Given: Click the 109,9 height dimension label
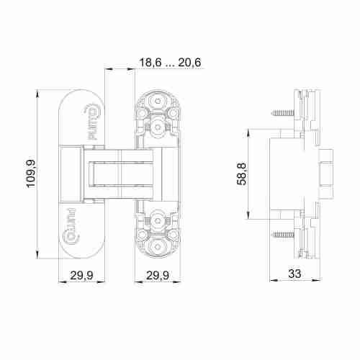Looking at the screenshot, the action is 31,174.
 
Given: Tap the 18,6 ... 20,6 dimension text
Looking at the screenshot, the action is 170,63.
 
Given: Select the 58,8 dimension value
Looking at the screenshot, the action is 242,174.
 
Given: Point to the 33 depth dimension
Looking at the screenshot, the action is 294,274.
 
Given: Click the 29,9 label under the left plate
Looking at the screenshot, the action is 81,275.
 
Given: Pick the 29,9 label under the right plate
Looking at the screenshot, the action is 158,275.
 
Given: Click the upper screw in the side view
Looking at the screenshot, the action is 283,112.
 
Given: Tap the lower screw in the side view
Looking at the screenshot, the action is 283,234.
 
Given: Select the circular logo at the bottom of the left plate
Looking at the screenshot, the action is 71,236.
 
